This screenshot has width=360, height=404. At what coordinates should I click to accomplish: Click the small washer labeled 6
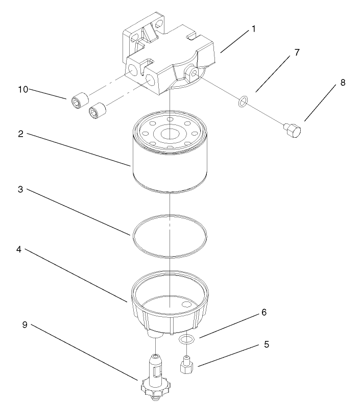click(x=187, y=339)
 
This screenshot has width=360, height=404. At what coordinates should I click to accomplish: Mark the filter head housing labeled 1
click(x=169, y=71)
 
